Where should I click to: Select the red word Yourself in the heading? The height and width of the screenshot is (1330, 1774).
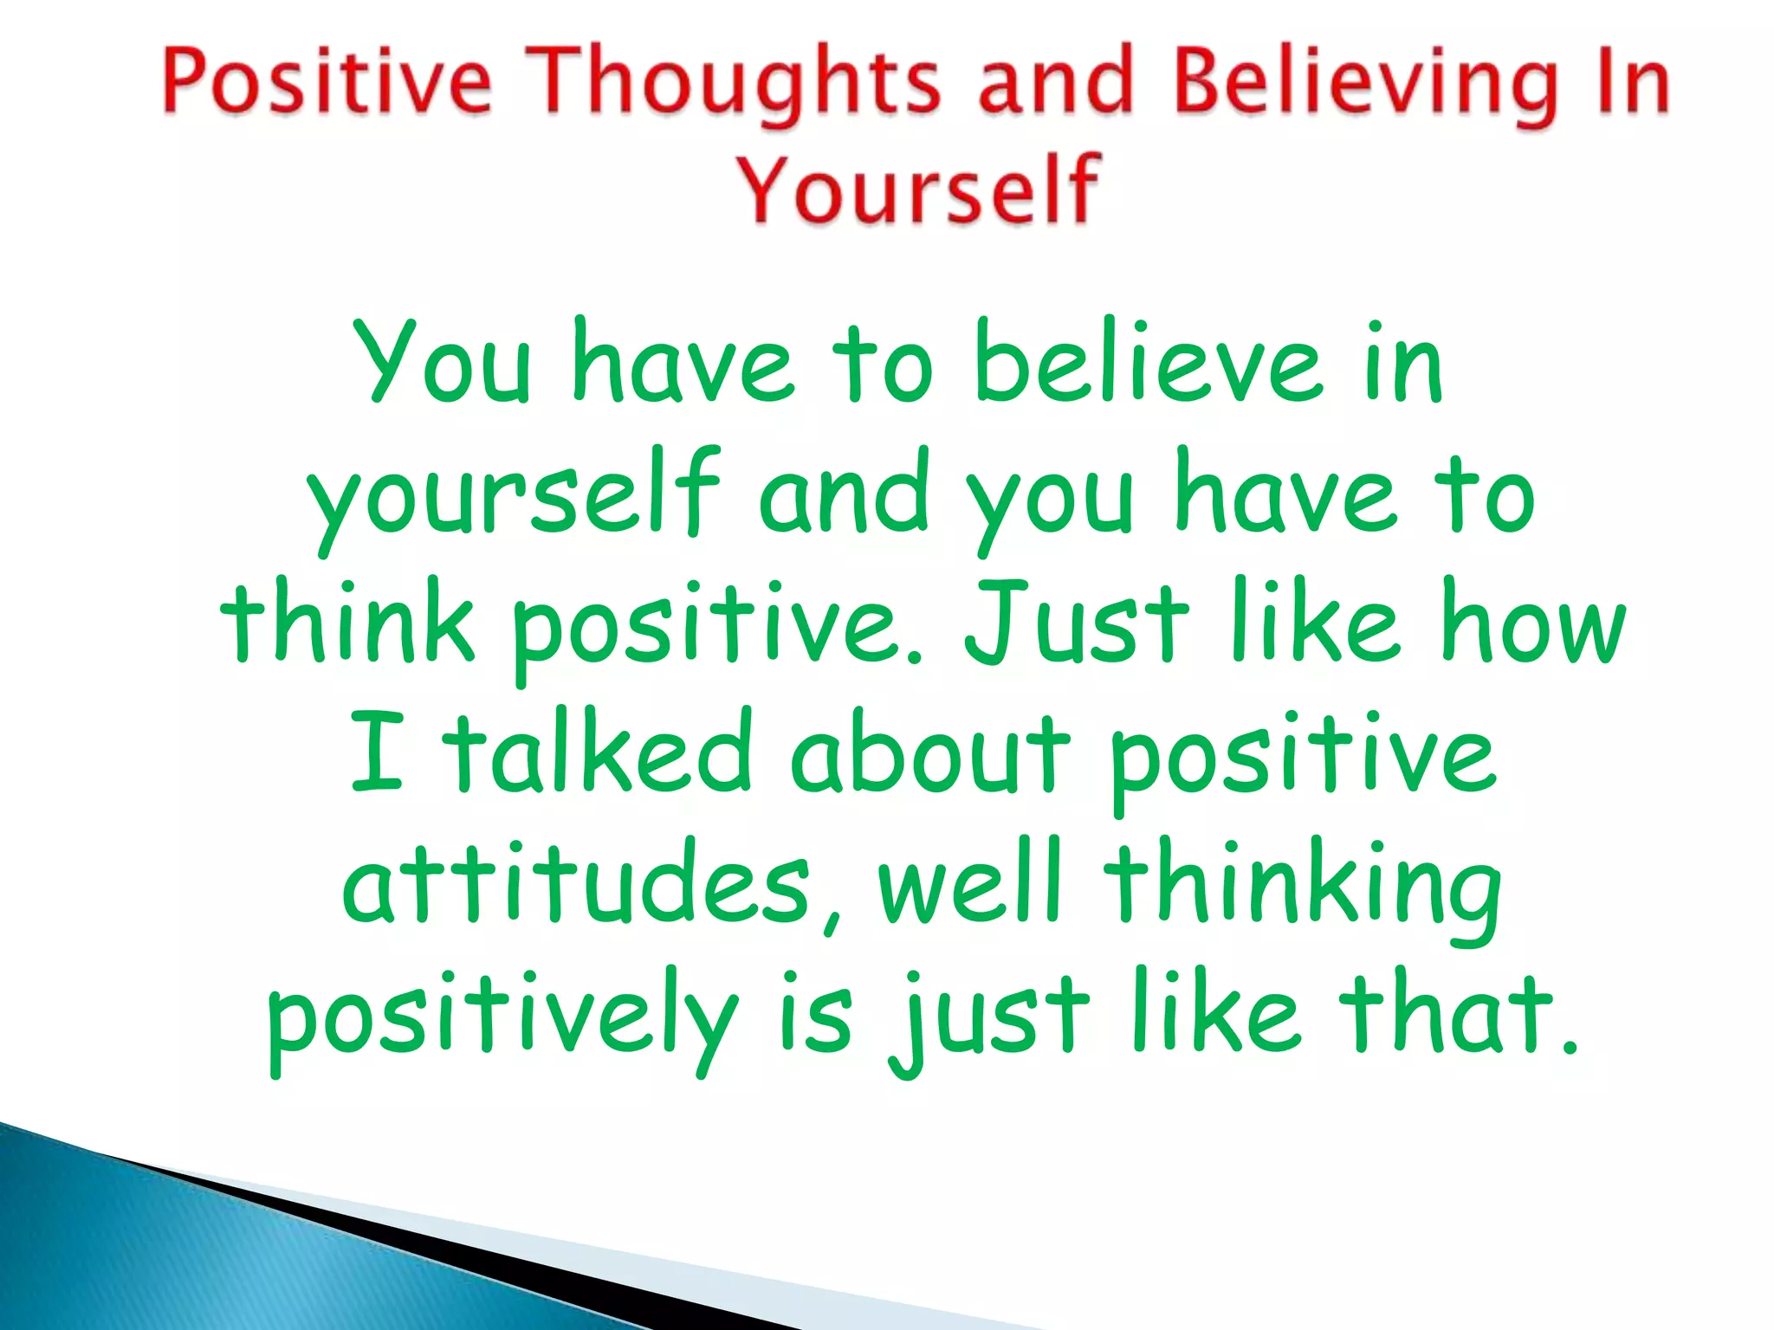point(918,190)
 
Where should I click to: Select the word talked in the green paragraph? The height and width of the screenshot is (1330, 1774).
point(598,752)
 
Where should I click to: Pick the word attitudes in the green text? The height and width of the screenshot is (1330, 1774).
point(576,883)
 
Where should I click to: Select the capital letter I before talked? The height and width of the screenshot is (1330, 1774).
point(378,752)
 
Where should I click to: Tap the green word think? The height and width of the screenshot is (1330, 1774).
point(347,622)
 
